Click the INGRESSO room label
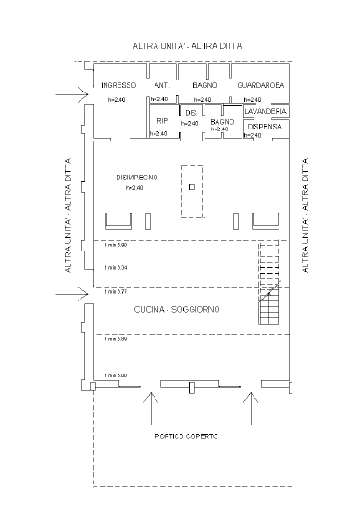pyautogui.click(x=119, y=86)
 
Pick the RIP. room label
pyautogui.click(x=162, y=121)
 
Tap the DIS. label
pyautogui.click(x=192, y=112)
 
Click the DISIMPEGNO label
pyautogui.click(x=136, y=178)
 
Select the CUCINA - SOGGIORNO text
pyautogui.click(x=176, y=309)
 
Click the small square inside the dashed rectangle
pyautogui.click(x=192, y=187)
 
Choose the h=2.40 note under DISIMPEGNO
pyautogui.click(x=135, y=188)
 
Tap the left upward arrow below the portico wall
pyautogui.click(x=152, y=403)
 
